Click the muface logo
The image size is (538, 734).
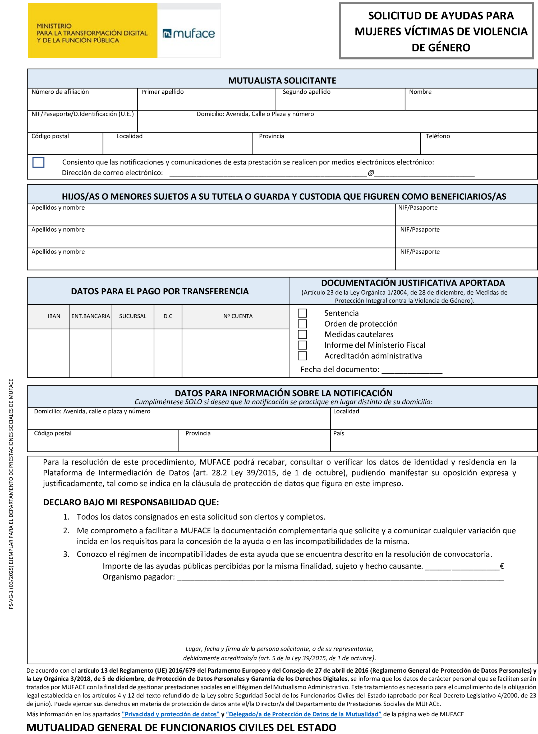click(x=189, y=33)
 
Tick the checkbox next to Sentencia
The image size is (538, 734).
click(x=302, y=313)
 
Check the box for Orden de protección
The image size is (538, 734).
click(x=302, y=324)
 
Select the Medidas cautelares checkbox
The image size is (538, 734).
click(x=302, y=334)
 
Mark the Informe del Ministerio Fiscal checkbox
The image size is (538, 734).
click(x=302, y=345)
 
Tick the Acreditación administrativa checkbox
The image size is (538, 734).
click(x=302, y=356)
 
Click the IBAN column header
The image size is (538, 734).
click(x=54, y=316)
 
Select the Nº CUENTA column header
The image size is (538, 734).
click(x=238, y=316)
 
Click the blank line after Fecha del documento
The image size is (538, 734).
click(x=412, y=371)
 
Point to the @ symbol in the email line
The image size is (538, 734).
click(x=371, y=173)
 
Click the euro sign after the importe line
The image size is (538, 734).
click(x=502, y=566)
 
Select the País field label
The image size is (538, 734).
click(x=339, y=433)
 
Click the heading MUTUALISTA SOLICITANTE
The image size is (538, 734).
click(x=282, y=80)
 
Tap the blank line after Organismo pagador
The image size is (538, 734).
click(x=340, y=578)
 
